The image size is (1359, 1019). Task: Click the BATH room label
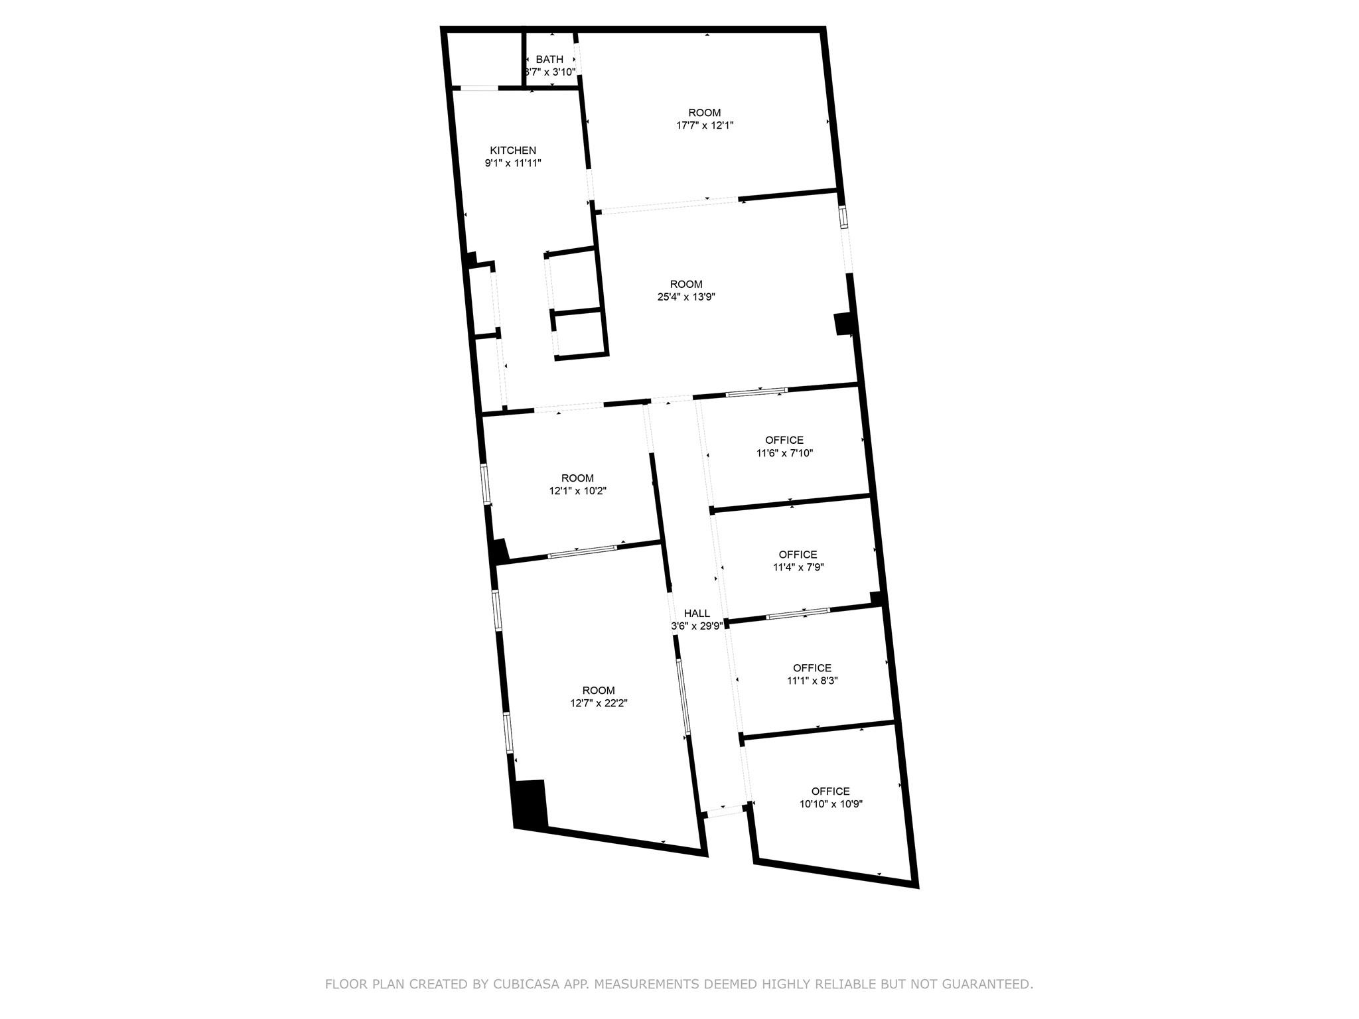(549, 60)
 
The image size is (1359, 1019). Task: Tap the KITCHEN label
(513, 151)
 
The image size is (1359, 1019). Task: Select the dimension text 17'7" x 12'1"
(704, 125)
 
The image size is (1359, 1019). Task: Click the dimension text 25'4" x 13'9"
(686, 297)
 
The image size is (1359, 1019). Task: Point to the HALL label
(697, 614)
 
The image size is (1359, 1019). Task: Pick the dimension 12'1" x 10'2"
(577, 491)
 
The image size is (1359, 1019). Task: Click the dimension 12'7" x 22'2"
(599, 703)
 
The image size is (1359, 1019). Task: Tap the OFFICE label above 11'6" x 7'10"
(784, 441)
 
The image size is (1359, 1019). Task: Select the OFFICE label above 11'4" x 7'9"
(798, 555)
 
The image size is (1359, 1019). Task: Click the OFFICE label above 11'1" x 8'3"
(812, 668)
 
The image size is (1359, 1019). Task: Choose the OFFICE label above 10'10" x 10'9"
(830, 791)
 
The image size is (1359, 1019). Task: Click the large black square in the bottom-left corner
(531, 804)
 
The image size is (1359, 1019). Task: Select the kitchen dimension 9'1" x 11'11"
(513, 163)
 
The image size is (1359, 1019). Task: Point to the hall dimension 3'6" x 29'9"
(697, 626)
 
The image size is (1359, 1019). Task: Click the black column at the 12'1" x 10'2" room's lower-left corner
(499, 551)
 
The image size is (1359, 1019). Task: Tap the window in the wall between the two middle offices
(798, 614)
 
